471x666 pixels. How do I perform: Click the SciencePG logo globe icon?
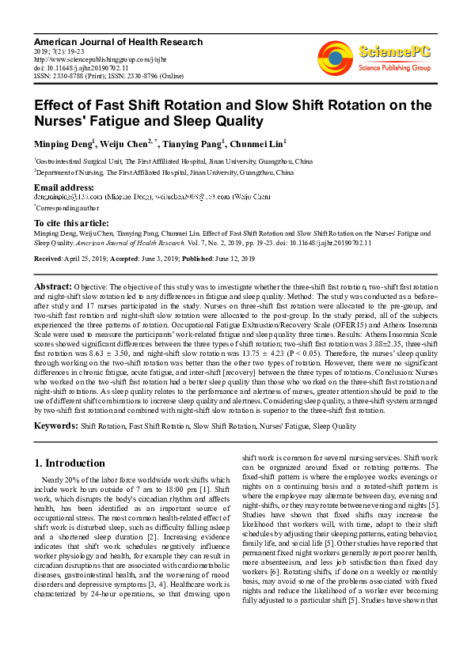(x=336, y=56)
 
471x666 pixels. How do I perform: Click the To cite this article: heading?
(x=71, y=223)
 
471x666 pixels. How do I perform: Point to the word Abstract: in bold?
(x=53, y=285)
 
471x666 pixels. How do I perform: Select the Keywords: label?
(x=55, y=426)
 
